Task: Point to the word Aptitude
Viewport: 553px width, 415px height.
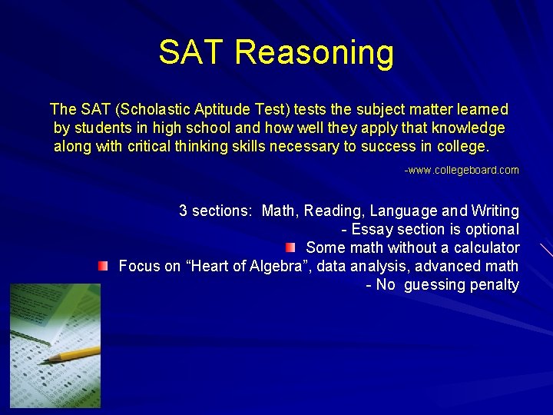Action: point(215,110)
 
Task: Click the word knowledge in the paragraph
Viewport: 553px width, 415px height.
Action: point(468,128)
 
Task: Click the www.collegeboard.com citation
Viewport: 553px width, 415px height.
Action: point(462,170)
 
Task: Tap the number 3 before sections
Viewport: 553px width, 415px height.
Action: point(184,211)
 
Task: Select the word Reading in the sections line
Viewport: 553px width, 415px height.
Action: point(331,211)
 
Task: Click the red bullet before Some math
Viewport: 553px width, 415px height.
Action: point(290,247)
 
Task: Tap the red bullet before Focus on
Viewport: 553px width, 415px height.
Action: point(103,266)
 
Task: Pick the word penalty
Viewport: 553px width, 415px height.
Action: point(495,284)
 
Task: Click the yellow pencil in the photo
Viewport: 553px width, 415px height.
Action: point(73,354)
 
